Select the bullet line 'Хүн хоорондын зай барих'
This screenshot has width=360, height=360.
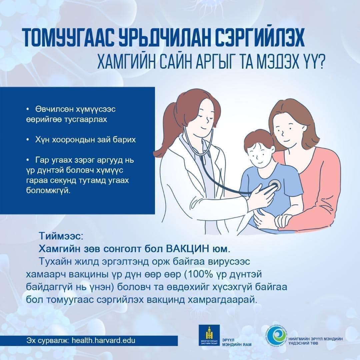pos(85,140)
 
